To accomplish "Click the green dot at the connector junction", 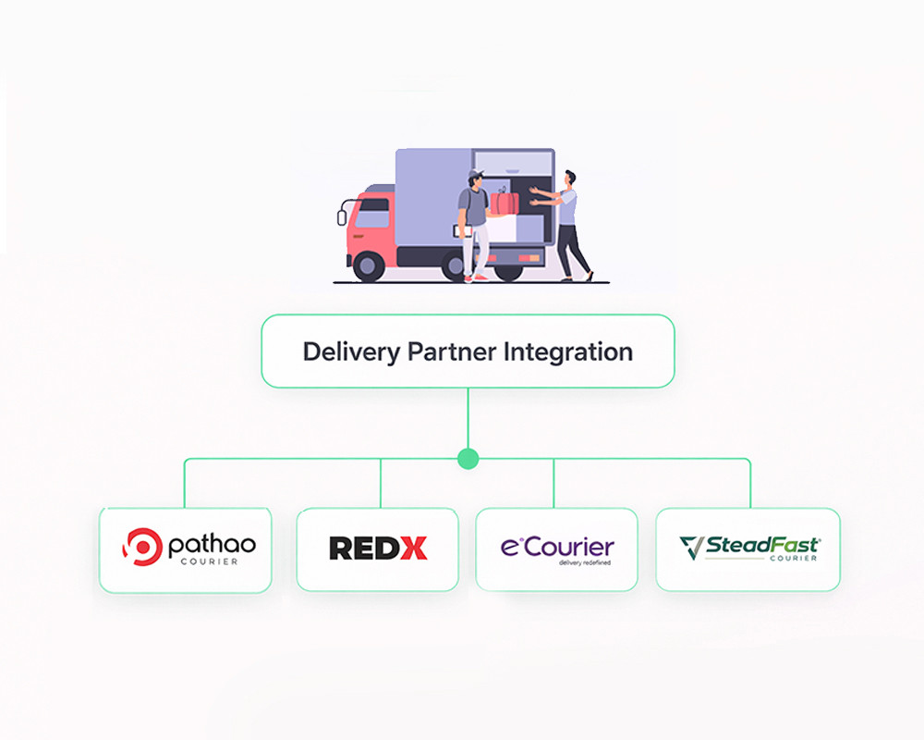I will click(x=468, y=458).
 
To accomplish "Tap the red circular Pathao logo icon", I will click(x=141, y=546).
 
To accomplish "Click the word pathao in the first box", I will click(x=211, y=545).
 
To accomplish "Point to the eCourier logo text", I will click(x=557, y=546).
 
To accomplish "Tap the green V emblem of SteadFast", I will click(x=690, y=548).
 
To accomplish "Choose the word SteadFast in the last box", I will click(x=761, y=544).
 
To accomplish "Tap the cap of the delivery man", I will click(x=475, y=173).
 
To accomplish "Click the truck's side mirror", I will click(x=342, y=217).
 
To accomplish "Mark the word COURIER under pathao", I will click(x=211, y=561).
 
